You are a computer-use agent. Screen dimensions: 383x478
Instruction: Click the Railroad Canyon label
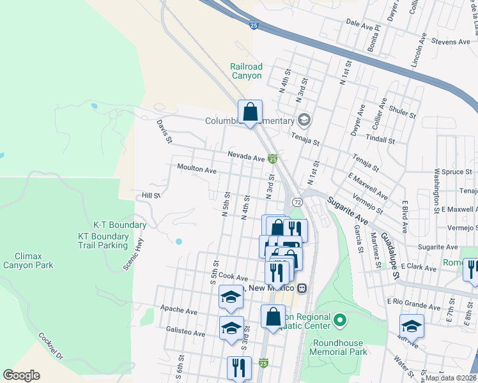(x=247, y=71)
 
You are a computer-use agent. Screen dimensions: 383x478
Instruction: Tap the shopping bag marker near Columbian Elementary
(x=250, y=112)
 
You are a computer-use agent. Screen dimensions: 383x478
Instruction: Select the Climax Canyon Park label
(x=28, y=260)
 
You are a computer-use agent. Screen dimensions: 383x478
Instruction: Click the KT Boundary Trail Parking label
(x=111, y=240)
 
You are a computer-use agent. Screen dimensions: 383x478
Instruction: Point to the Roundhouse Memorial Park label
(x=339, y=347)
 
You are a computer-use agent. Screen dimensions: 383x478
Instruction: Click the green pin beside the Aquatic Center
(x=340, y=319)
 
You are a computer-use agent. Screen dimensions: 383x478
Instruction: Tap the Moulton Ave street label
(x=197, y=170)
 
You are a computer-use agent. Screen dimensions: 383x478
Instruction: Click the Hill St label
(x=151, y=195)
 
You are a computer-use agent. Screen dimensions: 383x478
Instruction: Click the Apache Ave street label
(x=179, y=311)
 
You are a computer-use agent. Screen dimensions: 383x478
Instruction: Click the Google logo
(x=22, y=375)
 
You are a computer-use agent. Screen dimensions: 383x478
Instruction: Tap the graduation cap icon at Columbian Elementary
(x=304, y=120)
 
